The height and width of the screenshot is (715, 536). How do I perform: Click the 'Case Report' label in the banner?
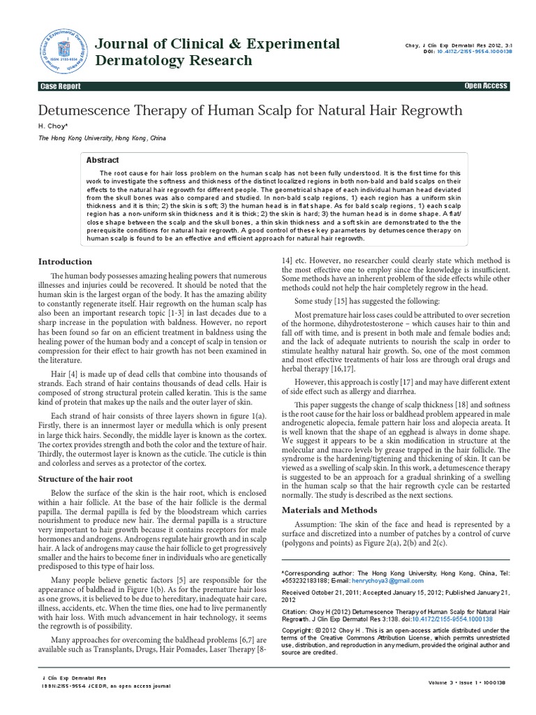coord(60,86)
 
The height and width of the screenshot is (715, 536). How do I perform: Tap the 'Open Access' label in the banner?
coord(486,86)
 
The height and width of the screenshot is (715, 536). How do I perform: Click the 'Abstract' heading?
coord(103,160)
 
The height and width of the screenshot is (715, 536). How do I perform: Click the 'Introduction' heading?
coord(64,262)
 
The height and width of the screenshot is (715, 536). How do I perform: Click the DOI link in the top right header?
coord(468,52)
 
